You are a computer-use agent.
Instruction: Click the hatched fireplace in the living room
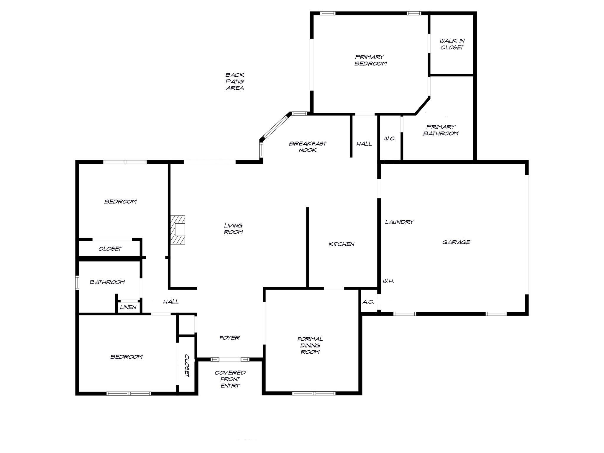pyautogui.click(x=178, y=230)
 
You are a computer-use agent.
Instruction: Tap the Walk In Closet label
pyautogui.click(x=452, y=44)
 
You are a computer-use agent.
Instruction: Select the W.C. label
pyautogui.click(x=390, y=139)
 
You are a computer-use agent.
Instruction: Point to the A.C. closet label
pyautogui.click(x=368, y=302)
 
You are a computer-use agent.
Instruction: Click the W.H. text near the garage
pyautogui.click(x=388, y=281)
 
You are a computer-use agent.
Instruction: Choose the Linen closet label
pyautogui.click(x=128, y=307)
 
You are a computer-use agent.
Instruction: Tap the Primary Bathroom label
pyautogui.click(x=441, y=130)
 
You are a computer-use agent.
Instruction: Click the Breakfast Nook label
pyautogui.click(x=308, y=147)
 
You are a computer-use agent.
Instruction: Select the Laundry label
pyautogui.click(x=399, y=222)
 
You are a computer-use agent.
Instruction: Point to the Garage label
pyautogui.click(x=456, y=242)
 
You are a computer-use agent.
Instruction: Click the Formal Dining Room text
pyautogui.click(x=310, y=345)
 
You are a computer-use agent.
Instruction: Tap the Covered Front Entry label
pyautogui.click(x=230, y=379)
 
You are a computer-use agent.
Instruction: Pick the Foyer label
pyautogui.click(x=229, y=338)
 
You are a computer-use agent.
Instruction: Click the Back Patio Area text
pyautogui.click(x=235, y=81)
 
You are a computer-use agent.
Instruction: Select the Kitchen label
pyautogui.click(x=341, y=244)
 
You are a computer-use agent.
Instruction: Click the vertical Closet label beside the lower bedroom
pyautogui.click(x=187, y=366)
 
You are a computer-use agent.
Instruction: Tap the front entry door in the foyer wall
pyautogui.click(x=230, y=359)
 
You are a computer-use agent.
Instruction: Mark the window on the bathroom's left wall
pyautogui.click(x=77, y=282)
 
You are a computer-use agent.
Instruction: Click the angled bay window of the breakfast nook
pyautogui.click(x=275, y=127)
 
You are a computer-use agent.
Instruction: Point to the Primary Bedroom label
pyautogui.click(x=370, y=60)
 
